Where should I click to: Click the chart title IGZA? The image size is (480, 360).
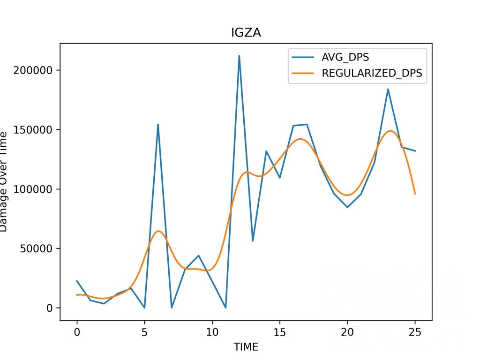(246, 32)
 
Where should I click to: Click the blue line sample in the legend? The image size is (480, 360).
(304, 58)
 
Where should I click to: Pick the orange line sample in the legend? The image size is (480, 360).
(304, 73)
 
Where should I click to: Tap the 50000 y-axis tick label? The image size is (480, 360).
(40, 248)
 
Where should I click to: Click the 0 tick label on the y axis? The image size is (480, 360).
(51, 308)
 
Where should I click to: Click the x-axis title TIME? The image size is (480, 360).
(246, 347)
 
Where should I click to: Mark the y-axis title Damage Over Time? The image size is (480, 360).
(4, 181)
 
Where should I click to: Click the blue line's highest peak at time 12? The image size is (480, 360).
(239, 56)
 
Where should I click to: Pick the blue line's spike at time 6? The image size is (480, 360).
(158, 124)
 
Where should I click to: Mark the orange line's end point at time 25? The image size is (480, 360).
(415, 194)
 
